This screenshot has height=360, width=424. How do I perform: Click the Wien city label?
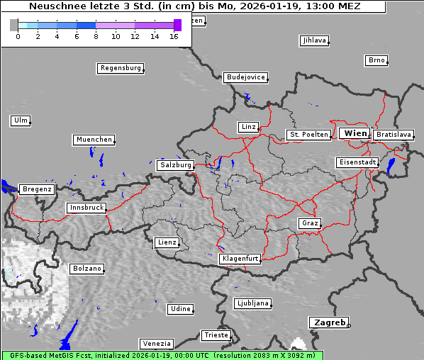click(355, 133)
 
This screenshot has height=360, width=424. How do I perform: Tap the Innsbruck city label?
click(86, 208)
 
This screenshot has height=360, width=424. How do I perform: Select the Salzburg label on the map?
click(175, 165)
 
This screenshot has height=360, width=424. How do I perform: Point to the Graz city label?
click(309, 223)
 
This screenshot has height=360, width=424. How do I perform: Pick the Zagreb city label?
click(328, 322)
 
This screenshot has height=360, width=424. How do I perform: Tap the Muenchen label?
click(93, 140)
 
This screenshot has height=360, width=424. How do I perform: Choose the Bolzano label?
click(87, 269)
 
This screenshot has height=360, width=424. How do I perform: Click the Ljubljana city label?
click(252, 303)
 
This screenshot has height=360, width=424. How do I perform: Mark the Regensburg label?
click(120, 68)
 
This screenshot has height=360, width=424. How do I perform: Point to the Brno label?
click(376, 60)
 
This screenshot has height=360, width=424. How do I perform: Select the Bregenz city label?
click(36, 189)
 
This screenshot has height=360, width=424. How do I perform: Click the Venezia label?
click(155, 344)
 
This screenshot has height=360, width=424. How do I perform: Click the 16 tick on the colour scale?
click(174, 35)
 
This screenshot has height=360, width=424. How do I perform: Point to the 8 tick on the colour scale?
click(96, 35)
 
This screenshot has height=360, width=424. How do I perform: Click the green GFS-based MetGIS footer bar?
click(162, 355)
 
